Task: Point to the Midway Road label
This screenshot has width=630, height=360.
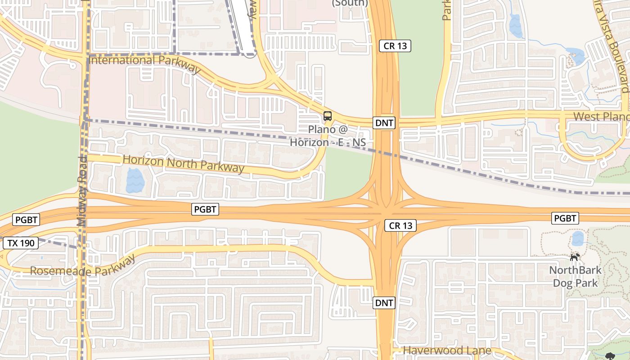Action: click(81, 191)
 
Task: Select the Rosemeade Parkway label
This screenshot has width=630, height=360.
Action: click(83, 266)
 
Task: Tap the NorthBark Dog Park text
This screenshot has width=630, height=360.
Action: click(576, 277)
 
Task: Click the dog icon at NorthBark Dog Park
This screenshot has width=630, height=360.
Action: click(575, 257)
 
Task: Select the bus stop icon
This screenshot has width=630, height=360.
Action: click(328, 116)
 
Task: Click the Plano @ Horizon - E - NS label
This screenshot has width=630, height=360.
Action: click(328, 136)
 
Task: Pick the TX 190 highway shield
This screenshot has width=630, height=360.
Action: click(20, 243)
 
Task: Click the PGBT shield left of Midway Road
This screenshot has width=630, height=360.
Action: click(27, 220)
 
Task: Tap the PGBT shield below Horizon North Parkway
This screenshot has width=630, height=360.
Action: click(205, 209)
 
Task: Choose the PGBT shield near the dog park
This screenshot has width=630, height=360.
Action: click(565, 218)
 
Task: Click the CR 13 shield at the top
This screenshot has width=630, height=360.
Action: click(395, 45)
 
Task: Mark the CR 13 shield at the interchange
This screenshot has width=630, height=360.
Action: click(400, 226)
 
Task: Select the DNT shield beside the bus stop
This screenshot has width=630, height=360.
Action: click(384, 123)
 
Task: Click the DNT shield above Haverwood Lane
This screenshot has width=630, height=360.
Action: click(384, 303)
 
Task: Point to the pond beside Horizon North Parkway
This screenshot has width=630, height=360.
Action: click(135, 180)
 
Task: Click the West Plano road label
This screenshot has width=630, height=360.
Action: click(601, 117)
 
